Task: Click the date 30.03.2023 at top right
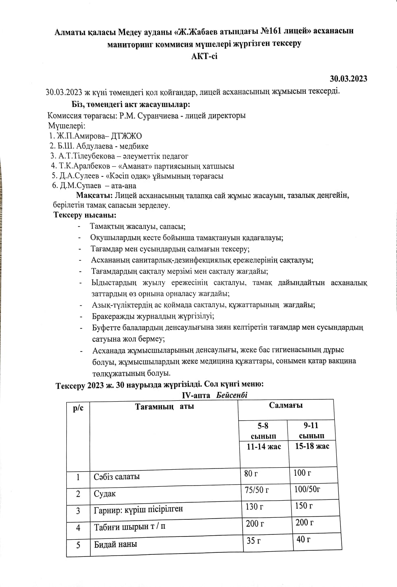coord(348,79)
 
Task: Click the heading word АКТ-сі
coord(204,56)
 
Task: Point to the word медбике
coord(135,146)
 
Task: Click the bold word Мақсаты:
coord(94,196)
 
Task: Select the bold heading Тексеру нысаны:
coord(85,215)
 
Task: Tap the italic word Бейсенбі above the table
coord(232,395)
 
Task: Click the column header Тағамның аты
coord(165,407)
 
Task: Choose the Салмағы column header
coord(285,405)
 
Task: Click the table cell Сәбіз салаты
coord(116,477)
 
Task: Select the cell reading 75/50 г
coord(257,490)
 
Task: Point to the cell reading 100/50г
coord(307,489)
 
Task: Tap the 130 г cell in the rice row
coord(254,507)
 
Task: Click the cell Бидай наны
coord(115,544)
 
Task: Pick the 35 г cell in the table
coord(253,541)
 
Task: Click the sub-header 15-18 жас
coord(312,446)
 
